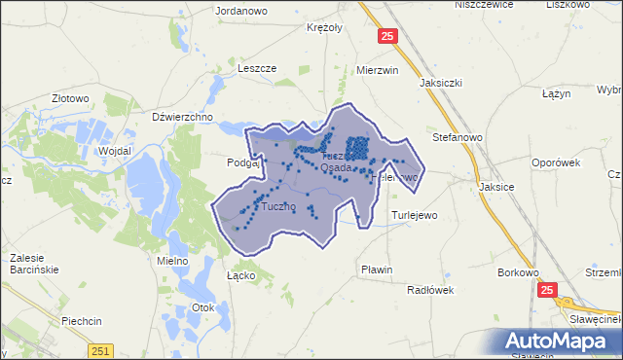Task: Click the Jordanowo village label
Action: click(x=240, y=13)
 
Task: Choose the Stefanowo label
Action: click(x=458, y=137)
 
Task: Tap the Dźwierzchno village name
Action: click(x=183, y=117)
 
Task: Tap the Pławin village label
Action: click(x=376, y=270)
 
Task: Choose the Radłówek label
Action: click(x=431, y=289)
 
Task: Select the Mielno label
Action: click(x=158, y=261)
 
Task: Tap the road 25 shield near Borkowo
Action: click(x=547, y=290)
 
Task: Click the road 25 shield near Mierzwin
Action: click(x=388, y=37)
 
